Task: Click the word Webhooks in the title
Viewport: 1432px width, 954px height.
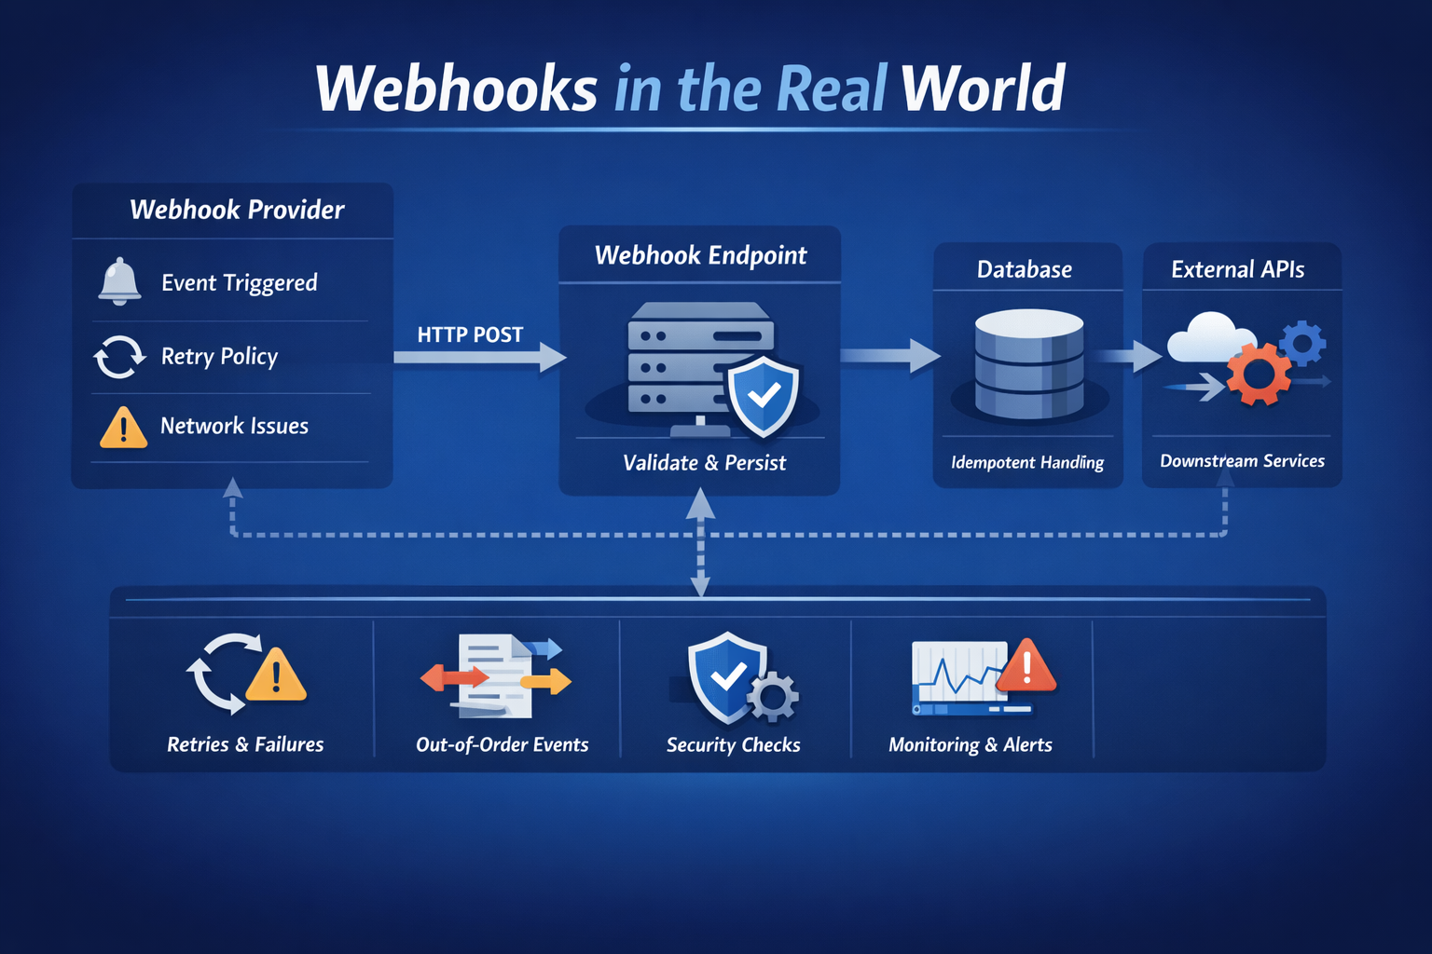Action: [x=456, y=89]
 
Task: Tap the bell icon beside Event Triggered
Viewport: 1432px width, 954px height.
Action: [x=120, y=280]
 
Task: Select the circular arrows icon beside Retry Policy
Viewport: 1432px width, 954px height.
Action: [x=119, y=357]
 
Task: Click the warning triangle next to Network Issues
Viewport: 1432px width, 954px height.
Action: [x=123, y=428]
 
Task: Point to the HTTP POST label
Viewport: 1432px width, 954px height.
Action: [x=470, y=334]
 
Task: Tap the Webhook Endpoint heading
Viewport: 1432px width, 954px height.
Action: [x=700, y=255]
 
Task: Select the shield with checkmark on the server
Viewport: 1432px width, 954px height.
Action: [x=764, y=395]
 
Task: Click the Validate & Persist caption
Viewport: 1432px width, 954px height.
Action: [x=704, y=463]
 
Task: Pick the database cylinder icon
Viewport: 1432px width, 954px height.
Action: [x=1028, y=364]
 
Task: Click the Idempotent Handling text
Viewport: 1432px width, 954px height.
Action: [x=1026, y=463]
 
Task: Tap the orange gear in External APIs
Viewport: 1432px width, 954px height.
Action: [x=1259, y=374]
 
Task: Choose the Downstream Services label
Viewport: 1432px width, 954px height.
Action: [x=1242, y=461]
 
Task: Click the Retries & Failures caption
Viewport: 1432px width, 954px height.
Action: [x=245, y=744]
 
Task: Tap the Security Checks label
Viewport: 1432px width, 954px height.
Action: [x=733, y=745]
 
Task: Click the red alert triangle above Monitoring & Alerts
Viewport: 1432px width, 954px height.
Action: [x=1026, y=666]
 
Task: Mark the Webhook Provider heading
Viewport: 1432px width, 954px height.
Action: [x=237, y=210]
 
